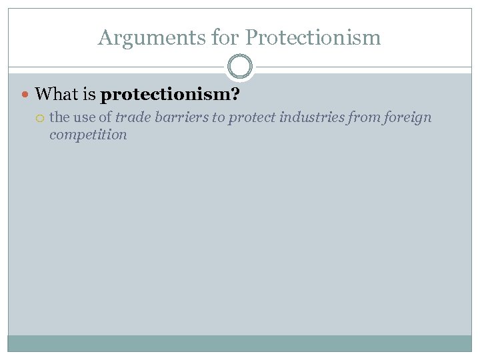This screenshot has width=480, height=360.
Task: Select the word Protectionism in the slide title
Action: point(313,37)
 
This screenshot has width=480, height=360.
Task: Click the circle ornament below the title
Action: point(240,67)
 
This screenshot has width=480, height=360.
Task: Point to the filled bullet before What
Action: point(26,95)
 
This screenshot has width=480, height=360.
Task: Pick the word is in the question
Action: point(90,95)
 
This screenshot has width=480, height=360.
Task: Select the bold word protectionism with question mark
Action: point(170,95)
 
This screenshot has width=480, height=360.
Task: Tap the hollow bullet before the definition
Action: point(41,118)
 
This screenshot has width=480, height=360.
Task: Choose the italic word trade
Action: point(132,117)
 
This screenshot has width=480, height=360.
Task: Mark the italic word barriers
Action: point(180,117)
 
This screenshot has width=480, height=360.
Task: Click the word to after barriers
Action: point(218,117)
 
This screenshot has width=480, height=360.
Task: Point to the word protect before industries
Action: point(252,118)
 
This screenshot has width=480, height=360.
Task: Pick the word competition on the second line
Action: point(88,135)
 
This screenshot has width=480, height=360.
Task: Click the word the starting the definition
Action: point(59,117)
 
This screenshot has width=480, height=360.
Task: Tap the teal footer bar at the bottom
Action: point(240,343)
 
